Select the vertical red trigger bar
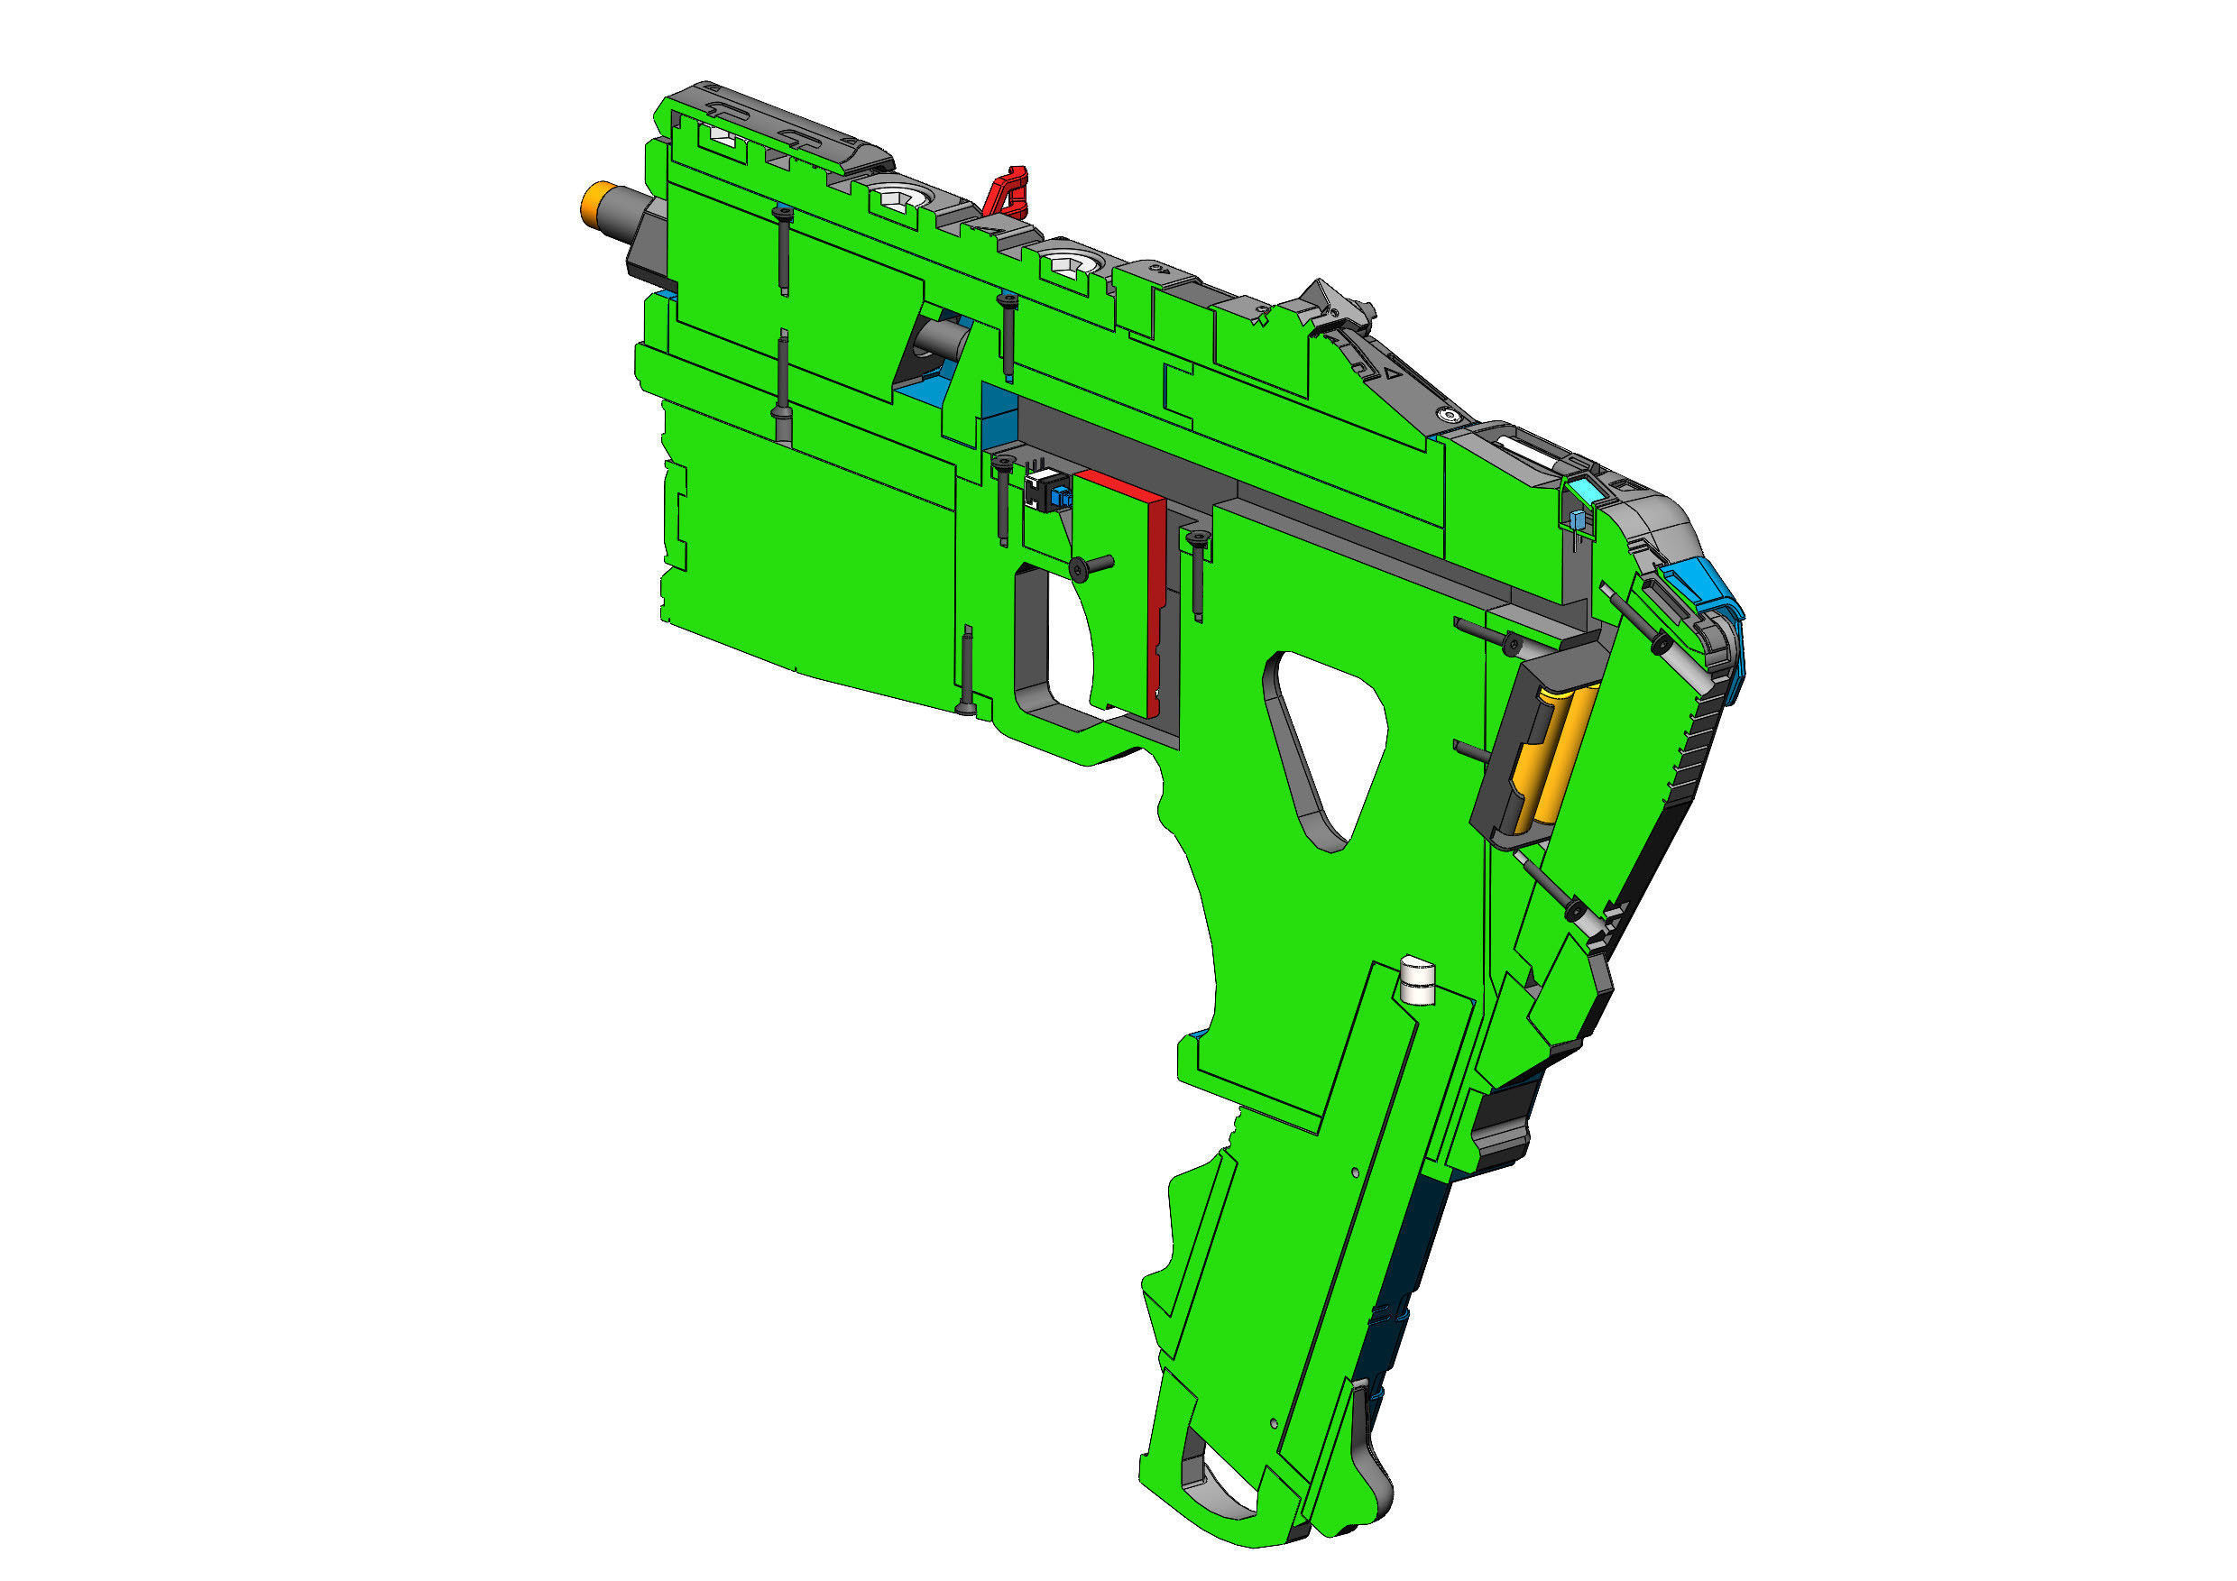(1156, 604)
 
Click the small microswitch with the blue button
(1048, 491)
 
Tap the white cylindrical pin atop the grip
(1417, 980)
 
